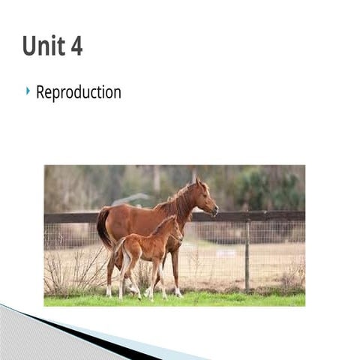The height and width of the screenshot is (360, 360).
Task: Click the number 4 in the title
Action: pyautogui.click(x=76, y=46)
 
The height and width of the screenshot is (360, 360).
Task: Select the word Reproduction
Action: pyautogui.click(x=78, y=92)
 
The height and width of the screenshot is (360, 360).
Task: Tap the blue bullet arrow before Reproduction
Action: pyautogui.click(x=28, y=91)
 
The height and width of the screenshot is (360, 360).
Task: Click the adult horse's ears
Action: pyautogui.click(x=198, y=181)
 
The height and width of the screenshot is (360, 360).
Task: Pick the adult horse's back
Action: pyautogui.click(x=135, y=209)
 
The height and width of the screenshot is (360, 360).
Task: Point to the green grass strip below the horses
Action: pyautogui.click(x=225, y=299)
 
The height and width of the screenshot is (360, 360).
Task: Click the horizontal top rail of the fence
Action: pyautogui.click(x=262, y=216)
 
